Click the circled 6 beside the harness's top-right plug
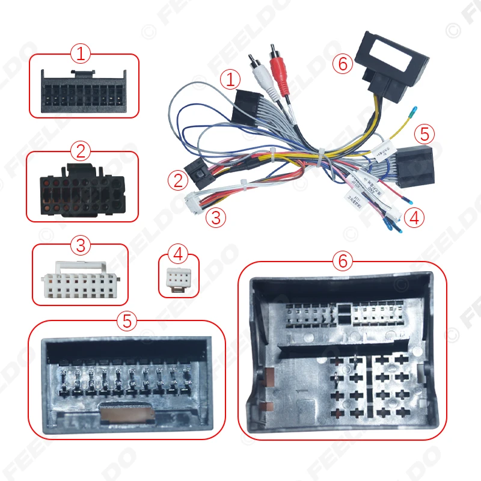343,63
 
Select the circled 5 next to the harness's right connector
424,133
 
